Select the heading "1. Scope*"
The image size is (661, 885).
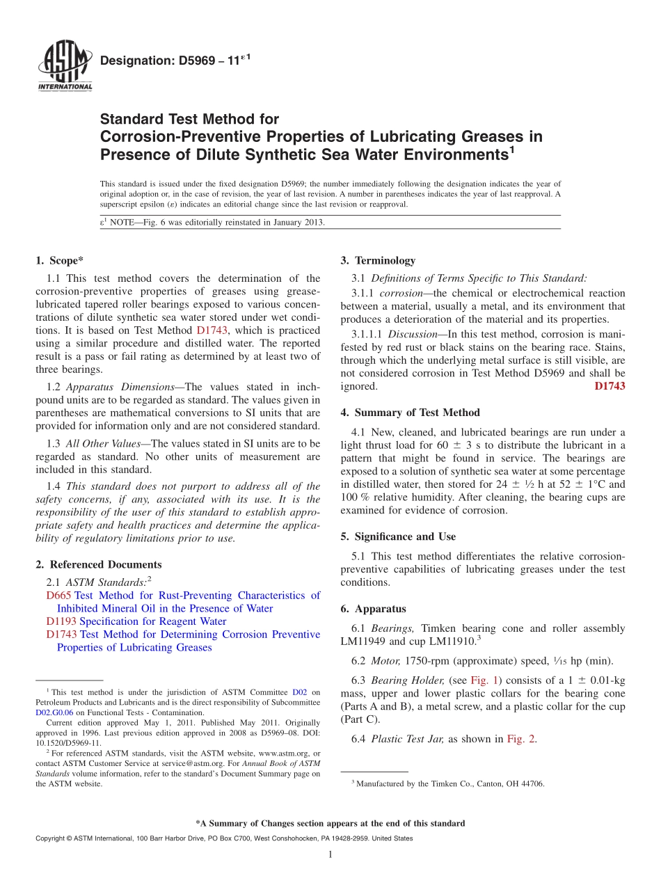tap(59, 261)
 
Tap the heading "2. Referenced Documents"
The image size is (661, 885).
tap(98, 564)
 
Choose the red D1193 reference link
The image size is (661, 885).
tap(61, 621)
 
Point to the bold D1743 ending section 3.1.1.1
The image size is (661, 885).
tap(610, 386)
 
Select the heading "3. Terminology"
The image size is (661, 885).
tap(378, 261)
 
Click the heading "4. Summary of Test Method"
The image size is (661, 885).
tap(410, 413)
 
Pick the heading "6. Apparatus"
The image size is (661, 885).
tap(373, 609)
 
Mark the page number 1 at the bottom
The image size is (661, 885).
tap(330, 854)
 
